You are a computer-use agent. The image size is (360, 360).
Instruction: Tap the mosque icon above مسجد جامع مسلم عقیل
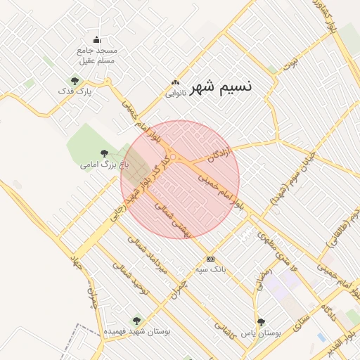97,39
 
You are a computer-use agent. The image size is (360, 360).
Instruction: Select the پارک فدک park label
75,92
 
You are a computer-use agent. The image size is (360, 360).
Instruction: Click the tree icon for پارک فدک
75,81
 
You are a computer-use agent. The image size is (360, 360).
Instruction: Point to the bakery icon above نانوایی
175,82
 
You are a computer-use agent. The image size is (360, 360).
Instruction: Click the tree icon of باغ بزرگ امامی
104,153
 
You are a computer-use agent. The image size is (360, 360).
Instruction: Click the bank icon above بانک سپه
210,259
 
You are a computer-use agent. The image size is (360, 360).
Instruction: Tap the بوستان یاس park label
261,333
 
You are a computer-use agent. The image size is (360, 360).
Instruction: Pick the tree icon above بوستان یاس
261,322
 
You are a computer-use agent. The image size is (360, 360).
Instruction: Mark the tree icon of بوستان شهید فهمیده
136,320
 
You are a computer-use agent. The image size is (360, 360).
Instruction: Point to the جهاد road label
77,262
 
